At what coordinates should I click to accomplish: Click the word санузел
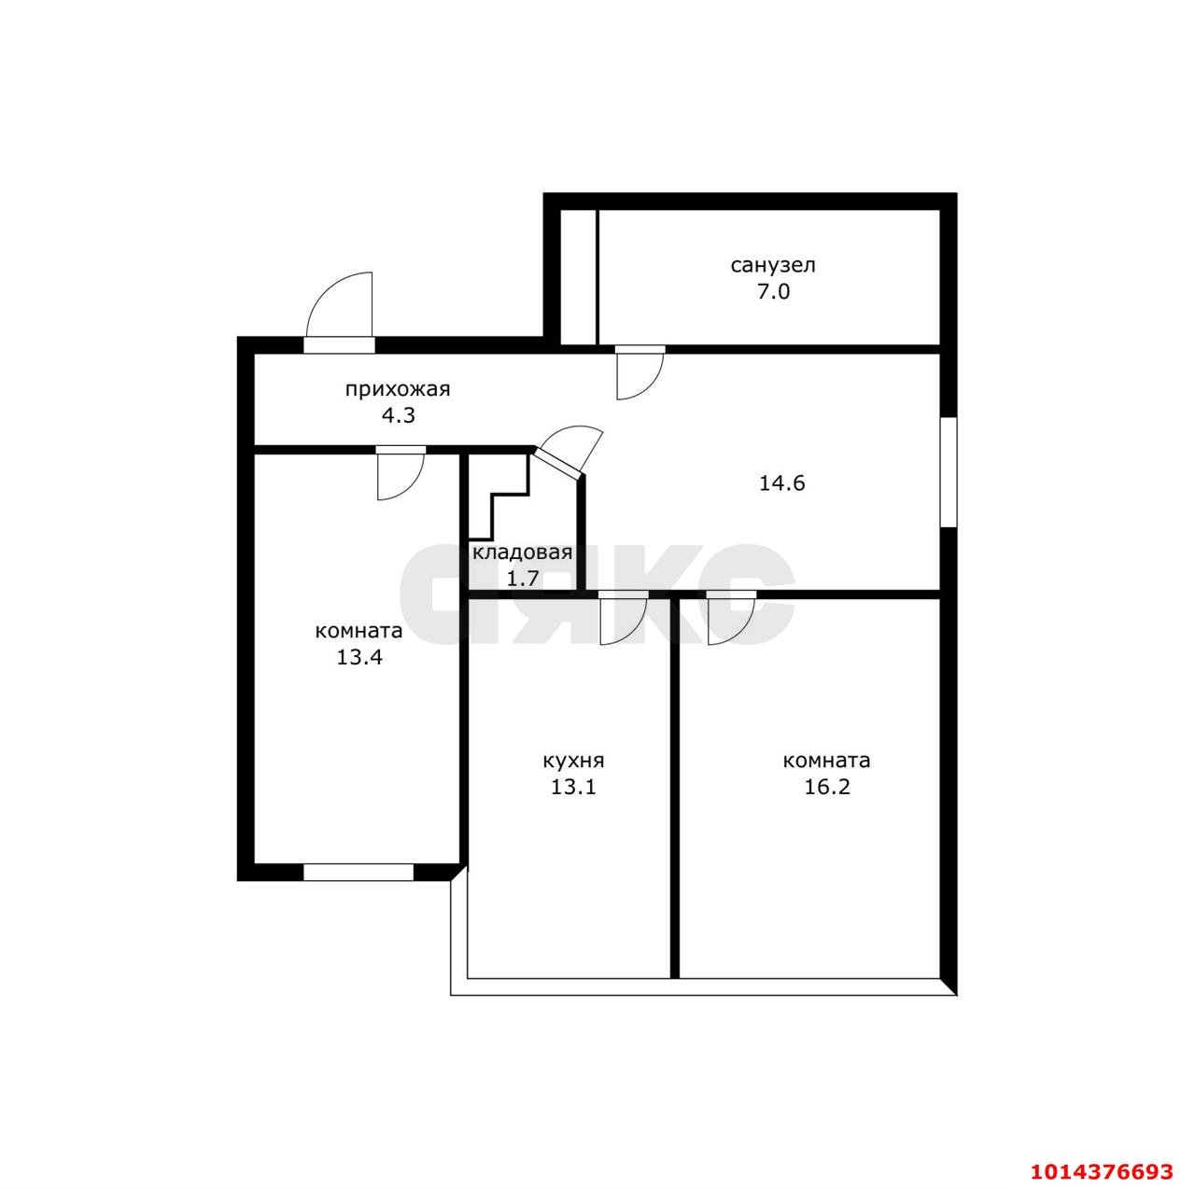[772, 265]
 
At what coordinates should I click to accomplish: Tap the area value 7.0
[773, 291]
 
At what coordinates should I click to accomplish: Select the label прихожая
[398, 389]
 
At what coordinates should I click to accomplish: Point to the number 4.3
[398, 415]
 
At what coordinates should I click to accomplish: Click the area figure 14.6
[781, 483]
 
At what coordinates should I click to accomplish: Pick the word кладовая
[522, 553]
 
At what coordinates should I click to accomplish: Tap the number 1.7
[522, 578]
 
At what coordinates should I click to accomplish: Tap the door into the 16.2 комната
[731, 620]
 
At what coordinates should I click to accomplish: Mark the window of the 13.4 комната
[358, 872]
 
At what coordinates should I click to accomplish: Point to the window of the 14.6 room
[949, 472]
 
